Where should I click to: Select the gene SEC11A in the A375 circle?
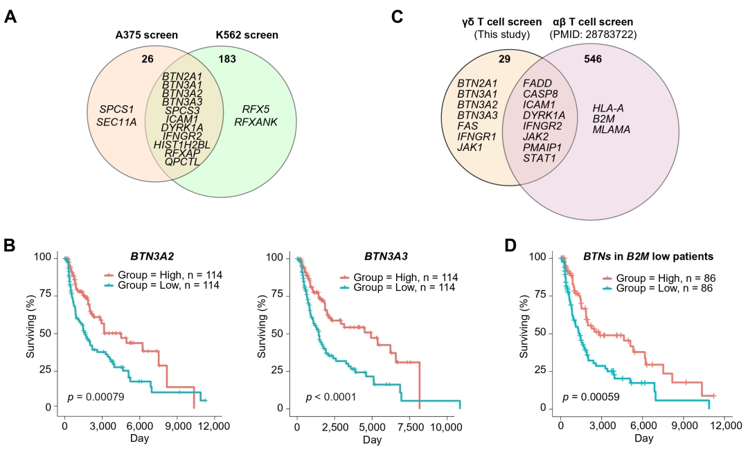tap(116, 123)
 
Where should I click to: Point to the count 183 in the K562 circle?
tap(226, 59)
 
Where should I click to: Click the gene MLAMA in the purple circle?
tap(612, 129)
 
